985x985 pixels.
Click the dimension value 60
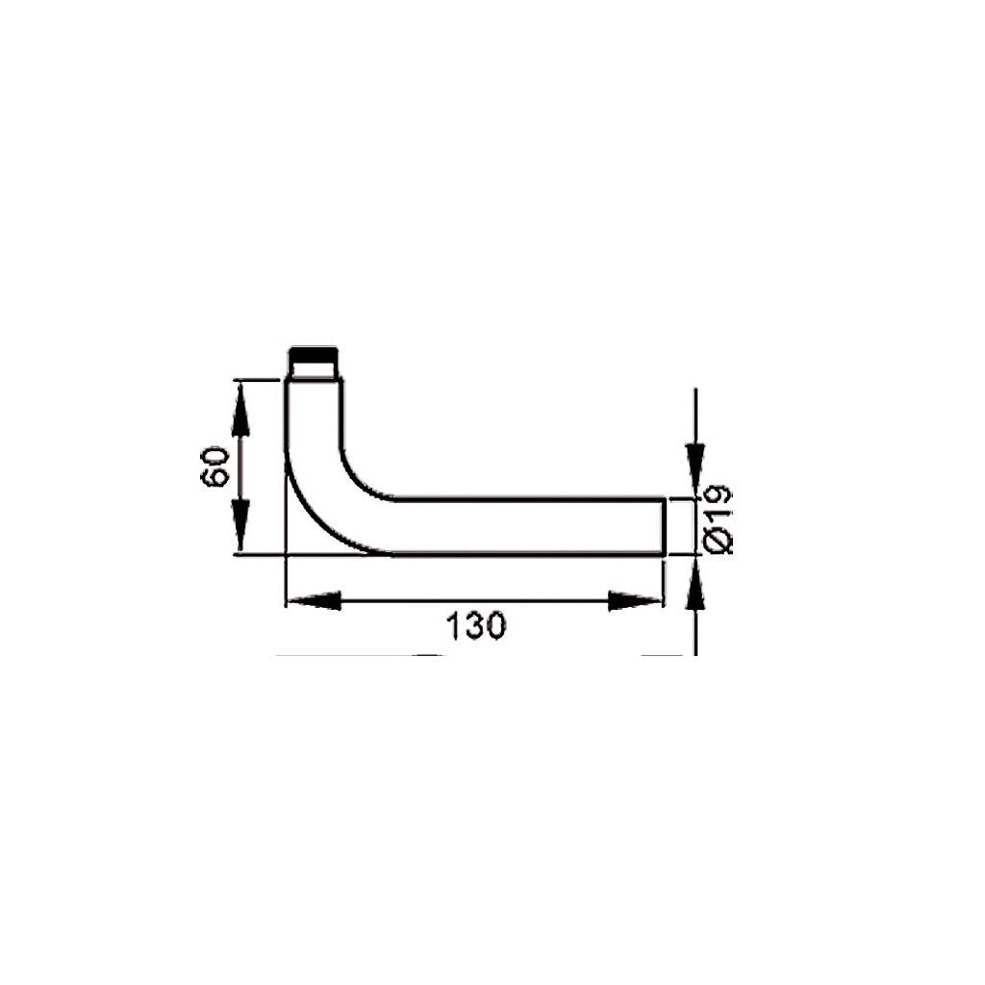pos(216,467)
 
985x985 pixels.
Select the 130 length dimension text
pos(475,626)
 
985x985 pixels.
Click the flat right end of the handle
pos(664,526)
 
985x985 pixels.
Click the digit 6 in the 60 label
pos(216,478)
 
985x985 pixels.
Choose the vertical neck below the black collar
pos(314,414)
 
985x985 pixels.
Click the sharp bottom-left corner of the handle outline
pos(287,554)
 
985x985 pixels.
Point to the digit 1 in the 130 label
pos(452,626)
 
